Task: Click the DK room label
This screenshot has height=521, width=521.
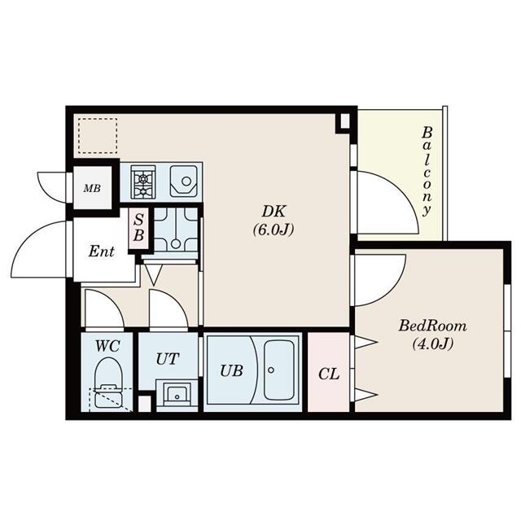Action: [274, 212]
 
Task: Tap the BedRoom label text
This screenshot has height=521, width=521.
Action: [432, 326]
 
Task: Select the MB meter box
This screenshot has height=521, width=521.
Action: [92, 188]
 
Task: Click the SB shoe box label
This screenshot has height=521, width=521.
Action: [138, 228]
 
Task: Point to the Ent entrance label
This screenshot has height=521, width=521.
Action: [101, 252]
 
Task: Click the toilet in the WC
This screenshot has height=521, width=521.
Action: [108, 383]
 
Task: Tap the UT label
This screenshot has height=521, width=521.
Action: [168, 359]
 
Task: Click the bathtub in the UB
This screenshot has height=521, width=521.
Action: [279, 370]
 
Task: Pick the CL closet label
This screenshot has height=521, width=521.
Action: [329, 374]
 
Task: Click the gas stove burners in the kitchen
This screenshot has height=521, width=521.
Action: [143, 182]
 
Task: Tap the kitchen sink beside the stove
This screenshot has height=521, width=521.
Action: [183, 182]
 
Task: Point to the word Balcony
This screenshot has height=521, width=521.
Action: [427, 172]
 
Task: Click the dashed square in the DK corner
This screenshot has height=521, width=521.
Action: [98, 135]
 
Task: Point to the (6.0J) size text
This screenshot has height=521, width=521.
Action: [274, 230]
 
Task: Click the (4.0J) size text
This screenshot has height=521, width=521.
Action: [432, 344]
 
